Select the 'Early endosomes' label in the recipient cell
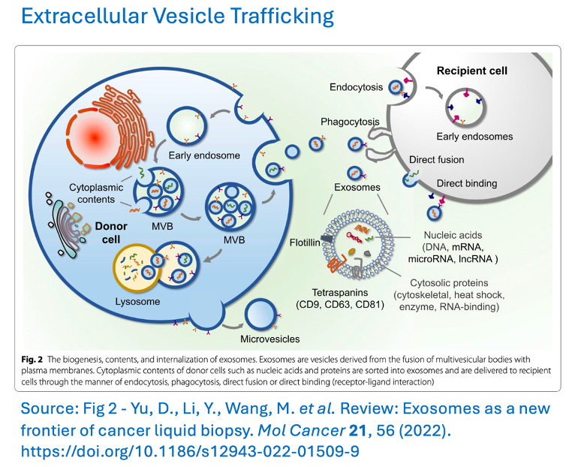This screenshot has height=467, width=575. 474,137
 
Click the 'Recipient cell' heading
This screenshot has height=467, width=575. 472,71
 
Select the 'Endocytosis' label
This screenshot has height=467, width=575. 357,88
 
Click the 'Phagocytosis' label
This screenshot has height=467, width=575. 350,121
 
